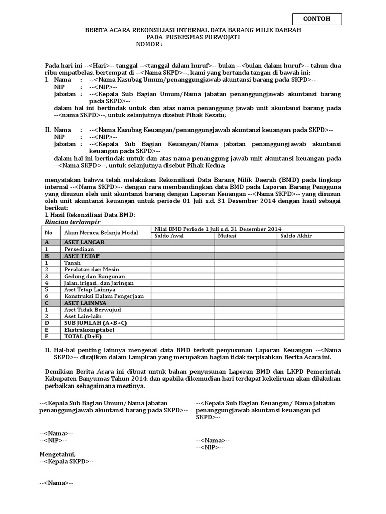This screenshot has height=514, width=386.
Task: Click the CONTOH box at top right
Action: click(x=317, y=19)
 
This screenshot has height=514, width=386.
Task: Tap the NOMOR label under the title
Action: click(x=149, y=44)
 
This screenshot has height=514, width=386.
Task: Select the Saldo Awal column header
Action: click(x=169, y=236)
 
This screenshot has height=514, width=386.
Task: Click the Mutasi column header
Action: click(x=227, y=236)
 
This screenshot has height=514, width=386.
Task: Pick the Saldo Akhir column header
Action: click(x=296, y=236)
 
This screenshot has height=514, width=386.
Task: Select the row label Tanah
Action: click(x=72, y=263)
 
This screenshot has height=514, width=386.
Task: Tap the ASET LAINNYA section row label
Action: click(x=85, y=303)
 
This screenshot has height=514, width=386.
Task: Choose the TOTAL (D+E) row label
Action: click(x=83, y=337)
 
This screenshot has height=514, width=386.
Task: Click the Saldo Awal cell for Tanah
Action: click(x=182, y=263)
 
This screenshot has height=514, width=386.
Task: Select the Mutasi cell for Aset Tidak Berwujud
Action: click(x=245, y=310)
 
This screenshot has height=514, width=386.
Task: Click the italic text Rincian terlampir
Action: click(x=72, y=221)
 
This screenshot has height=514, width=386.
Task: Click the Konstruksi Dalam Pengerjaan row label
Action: click(x=104, y=296)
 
